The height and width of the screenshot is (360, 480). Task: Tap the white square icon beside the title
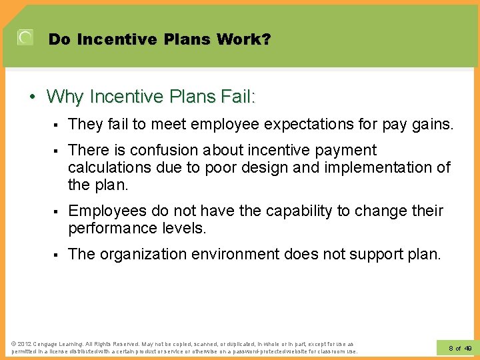click(x=25, y=38)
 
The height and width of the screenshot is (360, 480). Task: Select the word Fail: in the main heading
click(x=234, y=97)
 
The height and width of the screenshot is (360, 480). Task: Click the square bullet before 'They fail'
click(x=57, y=125)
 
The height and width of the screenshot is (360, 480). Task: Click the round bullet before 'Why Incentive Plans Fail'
click(x=33, y=97)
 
